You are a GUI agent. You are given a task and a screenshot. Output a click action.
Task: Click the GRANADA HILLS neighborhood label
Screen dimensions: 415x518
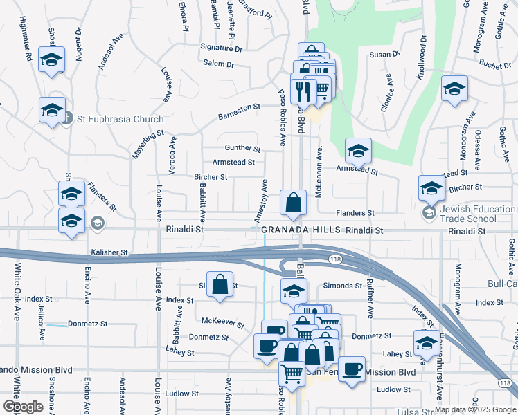point(301,230)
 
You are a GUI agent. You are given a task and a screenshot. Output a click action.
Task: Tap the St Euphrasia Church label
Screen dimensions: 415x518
point(120,119)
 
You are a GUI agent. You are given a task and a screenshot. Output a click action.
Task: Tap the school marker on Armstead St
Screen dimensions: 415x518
point(357,150)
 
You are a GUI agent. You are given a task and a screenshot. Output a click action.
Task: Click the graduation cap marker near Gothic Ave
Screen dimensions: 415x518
point(454,89)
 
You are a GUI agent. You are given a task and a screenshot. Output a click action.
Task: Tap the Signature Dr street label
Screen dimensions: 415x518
point(222,48)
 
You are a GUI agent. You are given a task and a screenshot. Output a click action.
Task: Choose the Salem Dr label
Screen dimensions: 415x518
point(220,64)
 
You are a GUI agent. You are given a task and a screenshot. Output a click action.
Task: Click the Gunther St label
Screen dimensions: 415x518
point(242,148)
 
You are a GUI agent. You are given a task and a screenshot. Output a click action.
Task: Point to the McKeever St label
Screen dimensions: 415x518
point(223,322)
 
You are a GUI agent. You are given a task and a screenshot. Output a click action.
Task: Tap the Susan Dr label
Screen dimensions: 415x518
point(385,53)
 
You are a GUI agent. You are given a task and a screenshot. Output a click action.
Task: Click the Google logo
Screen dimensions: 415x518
point(24,407)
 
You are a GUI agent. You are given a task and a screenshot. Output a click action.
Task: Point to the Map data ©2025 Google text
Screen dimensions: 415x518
point(474,409)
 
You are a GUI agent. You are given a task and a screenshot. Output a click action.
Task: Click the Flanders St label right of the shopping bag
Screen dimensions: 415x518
point(355,213)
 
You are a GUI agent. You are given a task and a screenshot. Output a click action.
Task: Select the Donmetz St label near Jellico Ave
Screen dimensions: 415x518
point(91,324)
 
